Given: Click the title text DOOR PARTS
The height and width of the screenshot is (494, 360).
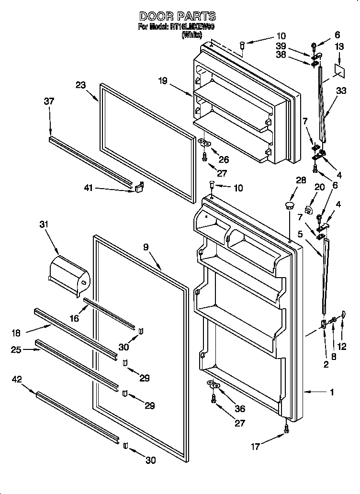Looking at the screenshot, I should (x=177, y=17).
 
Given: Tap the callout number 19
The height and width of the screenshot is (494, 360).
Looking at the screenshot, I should (x=163, y=81).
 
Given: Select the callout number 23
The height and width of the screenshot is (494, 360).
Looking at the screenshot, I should (x=80, y=86).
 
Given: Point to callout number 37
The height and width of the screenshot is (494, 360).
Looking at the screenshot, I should (x=49, y=101).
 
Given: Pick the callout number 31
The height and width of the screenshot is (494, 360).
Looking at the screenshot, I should (x=44, y=224).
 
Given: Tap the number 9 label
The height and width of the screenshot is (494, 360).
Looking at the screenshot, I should (x=146, y=247).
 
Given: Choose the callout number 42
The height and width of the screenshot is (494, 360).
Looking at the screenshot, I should (x=17, y=381).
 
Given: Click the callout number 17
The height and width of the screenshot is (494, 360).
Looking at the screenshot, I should (x=255, y=447).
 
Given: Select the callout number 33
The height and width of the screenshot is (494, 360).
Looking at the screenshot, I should (x=341, y=90).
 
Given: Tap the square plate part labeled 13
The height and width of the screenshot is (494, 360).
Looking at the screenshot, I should (x=340, y=69).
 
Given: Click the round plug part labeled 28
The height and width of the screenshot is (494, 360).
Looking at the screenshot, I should (x=289, y=206).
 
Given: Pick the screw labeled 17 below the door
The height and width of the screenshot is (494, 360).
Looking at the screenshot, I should (x=287, y=429).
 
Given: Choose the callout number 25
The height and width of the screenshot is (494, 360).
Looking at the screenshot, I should (x=17, y=350).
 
